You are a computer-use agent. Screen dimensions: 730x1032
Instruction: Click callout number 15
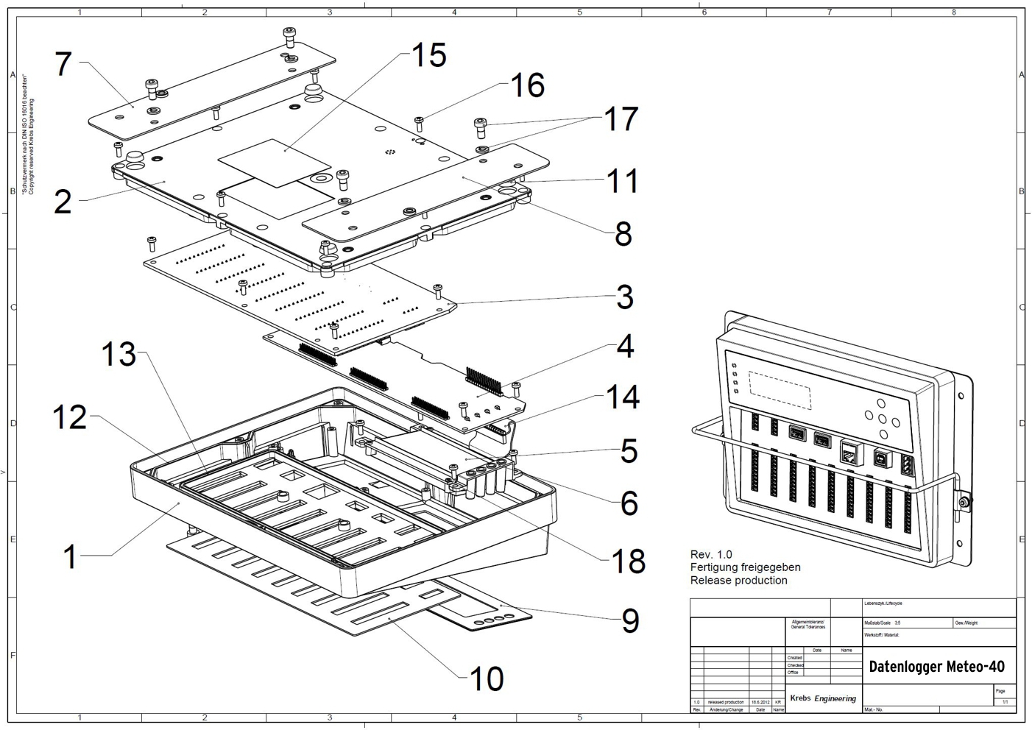tap(428, 55)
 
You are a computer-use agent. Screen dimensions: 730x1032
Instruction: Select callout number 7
tap(64, 64)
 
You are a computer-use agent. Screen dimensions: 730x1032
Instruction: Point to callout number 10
tap(486, 678)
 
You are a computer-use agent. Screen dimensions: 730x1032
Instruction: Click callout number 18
tap(628, 561)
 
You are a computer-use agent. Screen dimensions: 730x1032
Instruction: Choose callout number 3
tap(624, 297)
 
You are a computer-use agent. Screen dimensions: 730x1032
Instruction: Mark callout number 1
tap(70, 556)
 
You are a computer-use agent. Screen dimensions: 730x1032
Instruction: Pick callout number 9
tap(630, 621)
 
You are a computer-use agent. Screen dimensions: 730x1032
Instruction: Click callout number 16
tap(527, 85)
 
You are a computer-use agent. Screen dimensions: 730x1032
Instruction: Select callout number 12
tap(70, 418)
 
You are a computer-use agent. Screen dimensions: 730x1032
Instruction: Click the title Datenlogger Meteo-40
tap(936, 667)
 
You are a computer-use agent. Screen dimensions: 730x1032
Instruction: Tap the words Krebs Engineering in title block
tap(823, 698)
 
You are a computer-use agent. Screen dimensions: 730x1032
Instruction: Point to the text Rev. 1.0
tap(711, 554)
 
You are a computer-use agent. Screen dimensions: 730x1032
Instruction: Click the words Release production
tap(738, 581)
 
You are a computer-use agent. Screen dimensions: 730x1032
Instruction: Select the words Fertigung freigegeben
tap(745, 567)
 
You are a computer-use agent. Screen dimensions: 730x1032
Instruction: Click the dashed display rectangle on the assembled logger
tap(780, 390)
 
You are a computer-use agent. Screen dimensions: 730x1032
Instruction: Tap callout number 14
tap(622, 397)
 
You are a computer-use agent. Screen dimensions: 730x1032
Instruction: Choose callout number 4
tap(625, 346)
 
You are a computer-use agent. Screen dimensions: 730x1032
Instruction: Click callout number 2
tap(63, 201)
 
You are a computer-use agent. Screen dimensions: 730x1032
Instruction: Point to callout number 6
tap(629, 503)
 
